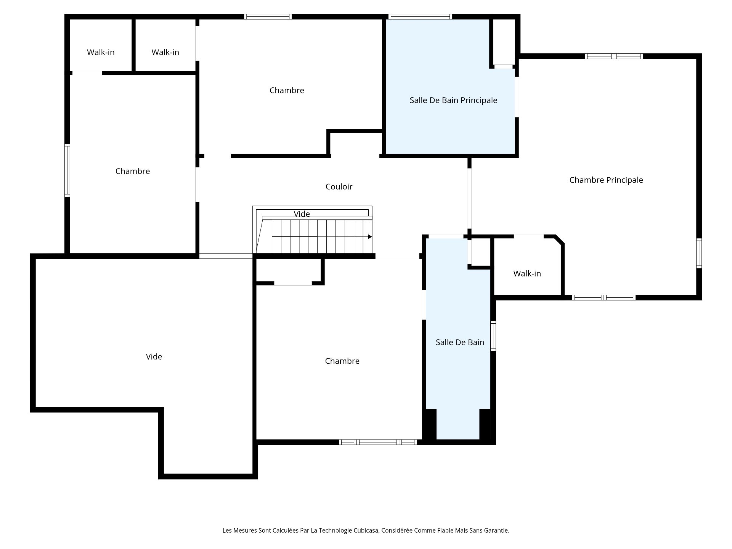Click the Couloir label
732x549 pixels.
point(339,186)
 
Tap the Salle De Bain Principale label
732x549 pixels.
point(453,100)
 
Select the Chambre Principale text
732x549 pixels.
point(606,180)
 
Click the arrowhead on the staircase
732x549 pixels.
point(370,237)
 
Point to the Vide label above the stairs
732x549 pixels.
point(302,214)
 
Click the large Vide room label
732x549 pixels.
point(154,356)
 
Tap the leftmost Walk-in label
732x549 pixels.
point(101,52)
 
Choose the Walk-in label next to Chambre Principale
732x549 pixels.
point(527,273)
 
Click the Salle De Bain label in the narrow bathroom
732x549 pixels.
point(460,342)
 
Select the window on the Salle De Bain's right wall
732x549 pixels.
point(493,335)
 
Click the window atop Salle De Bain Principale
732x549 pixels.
point(420,16)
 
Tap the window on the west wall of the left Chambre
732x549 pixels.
point(67,170)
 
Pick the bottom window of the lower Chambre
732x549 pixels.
point(378,442)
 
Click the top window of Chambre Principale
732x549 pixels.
point(614,56)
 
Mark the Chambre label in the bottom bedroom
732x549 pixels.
point(342,361)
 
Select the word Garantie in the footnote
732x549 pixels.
point(497,530)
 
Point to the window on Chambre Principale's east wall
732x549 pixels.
point(699,253)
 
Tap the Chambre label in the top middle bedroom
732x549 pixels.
point(287,90)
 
